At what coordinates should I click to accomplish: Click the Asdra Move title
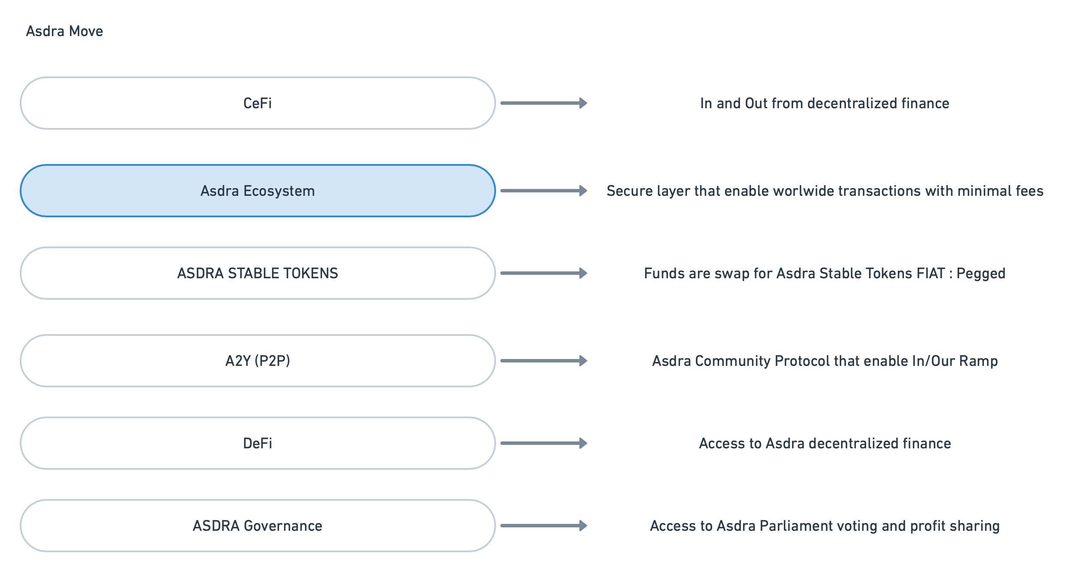pyautogui.click(x=64, y=31)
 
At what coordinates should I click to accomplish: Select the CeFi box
pyautogui.click(x=258, y=103)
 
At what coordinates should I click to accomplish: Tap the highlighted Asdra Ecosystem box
pyautogui.click(x=258, y=191)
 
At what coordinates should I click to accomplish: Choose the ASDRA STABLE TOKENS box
pyautogui.click(x=258, y=273)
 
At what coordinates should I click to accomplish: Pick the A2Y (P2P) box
pyautogui.click(x=258, y=361)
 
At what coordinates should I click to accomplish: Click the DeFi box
pyautogui.click(x=258, y=443)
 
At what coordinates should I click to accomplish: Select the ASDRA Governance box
pyautogui.click(x=258, y=526)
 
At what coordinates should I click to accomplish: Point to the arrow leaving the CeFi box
pyautogui.click(x=544, y=103)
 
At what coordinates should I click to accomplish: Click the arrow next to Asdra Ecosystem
pyautogui.click(x=544, y=191)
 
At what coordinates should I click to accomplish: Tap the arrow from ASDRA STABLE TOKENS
pyautogui.click(x=544, y=273)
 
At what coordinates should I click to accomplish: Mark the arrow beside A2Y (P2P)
pyautogui.click(x=544, y=361)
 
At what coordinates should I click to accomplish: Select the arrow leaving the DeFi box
pyautogui.click(x=544, y=443)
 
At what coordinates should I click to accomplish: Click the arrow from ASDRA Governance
pyautogui.click(x=544, y=526)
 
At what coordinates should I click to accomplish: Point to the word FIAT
pyautogui.click(x=930, y=273)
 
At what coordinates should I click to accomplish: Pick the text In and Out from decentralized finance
pyautogui.click(x=825, y=103)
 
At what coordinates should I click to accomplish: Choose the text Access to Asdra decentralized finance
pyautogui.click(x=825, y=443)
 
